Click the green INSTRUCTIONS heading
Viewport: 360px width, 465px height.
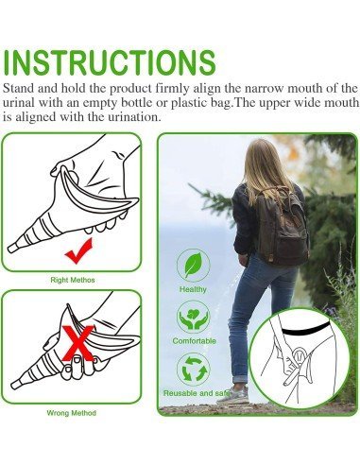tap(110, 62)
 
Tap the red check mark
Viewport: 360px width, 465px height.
tap(78, 251)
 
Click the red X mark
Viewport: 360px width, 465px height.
tap(78, 343)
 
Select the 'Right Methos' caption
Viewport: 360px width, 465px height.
tap(73, 280)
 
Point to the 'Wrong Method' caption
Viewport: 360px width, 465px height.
tap(71, 413)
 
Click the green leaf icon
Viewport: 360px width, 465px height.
tap(193, 266)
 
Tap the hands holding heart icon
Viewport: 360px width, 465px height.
tap(193, 317)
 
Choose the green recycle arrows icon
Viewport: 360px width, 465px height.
tap(193, 369)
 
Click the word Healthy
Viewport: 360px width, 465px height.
tap(193, 289)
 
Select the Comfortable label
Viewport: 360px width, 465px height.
tap(194, 341)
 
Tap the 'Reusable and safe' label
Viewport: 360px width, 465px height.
tap(196, 393)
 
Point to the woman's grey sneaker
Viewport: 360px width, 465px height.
tap(233, 395)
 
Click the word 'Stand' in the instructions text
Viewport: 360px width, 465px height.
tap(18, 88)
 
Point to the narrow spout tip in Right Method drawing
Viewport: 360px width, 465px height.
tap(11, 249)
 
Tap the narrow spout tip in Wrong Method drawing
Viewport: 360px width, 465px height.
tap(15, 385)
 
